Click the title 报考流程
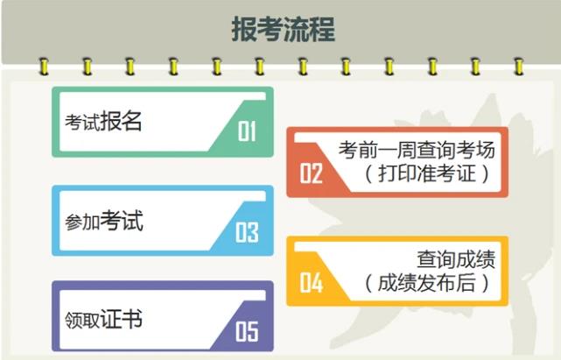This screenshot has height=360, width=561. click(283, 29)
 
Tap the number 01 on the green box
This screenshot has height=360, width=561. click(247, 131)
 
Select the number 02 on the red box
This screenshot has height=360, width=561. click(311, 173)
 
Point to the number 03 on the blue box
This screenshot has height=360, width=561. click(247, 232)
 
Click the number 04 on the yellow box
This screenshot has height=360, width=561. click(311, 283)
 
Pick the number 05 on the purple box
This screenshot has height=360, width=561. click(247, 331)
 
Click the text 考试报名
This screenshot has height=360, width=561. click(103, 121)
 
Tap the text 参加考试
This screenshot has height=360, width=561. click(104, 221)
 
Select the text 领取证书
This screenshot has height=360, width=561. click(103, 319)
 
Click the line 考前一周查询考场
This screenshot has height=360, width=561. click(417, 150)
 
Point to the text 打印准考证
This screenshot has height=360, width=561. click(427, 173)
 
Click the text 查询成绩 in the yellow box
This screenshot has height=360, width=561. click(456, 259)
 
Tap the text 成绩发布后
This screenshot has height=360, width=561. click(427, 283)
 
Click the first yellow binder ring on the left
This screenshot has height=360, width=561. click(44, 67)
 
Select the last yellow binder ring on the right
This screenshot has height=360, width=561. click(519, 67)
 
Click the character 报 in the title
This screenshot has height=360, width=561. click(244, 29)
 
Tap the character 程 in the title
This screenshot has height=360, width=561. click(322, 29)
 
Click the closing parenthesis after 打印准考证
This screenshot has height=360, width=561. click(486, 173)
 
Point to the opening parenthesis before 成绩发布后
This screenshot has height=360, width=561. click(368, 283)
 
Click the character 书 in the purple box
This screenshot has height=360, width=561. click(131, 319)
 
